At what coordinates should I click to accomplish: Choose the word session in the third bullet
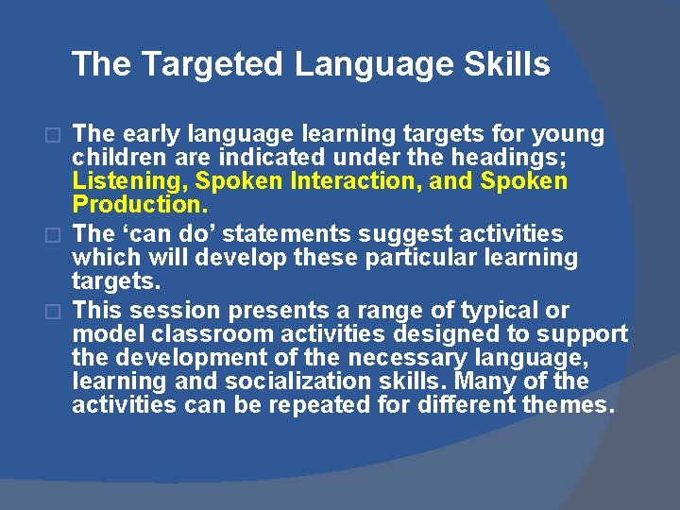[179, 311]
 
